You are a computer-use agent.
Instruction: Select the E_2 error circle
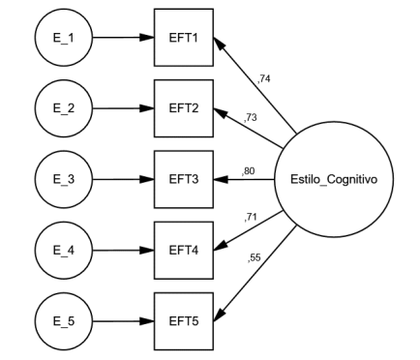click(x=64, y=108)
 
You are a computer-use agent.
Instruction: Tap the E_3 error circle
click(x=64, y=179)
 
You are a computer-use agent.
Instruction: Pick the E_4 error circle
click(x=64, y=250)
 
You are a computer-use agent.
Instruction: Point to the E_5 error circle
click(x=64, y=320)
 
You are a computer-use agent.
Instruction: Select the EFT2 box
click(x=184, y=108)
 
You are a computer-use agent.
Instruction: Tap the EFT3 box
click(x=184, y=179)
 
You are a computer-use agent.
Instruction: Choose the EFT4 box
click(x=184, y=250)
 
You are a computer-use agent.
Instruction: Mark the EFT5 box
click(x=184, y=320)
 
